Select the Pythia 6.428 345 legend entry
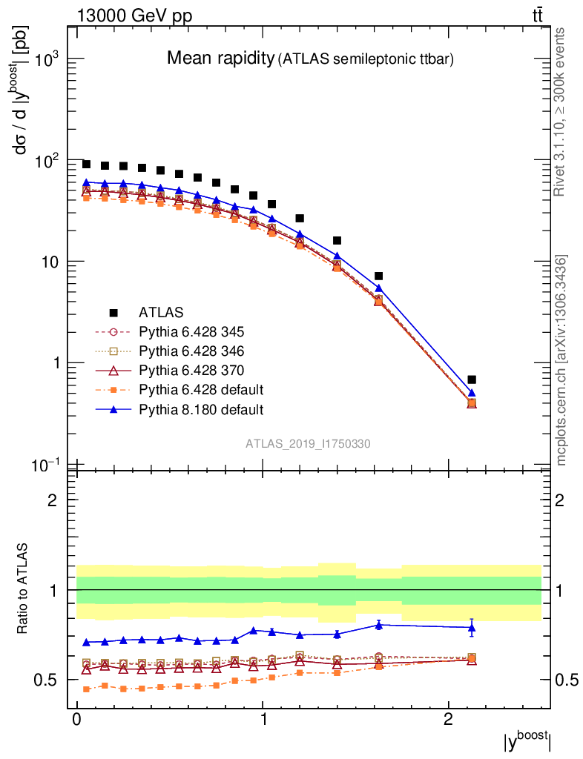click(x=192, y=331)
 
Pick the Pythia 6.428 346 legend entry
click(x=192, y=351)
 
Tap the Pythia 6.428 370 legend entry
click(x=192, y=370)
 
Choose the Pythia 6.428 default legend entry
click(x=200, y=389)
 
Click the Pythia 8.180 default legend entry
click(x=200, y=408)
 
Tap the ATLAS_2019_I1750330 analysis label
click(x=308, y=443)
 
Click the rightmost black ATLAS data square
click(x=472, y=379)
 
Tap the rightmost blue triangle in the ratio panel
click(x=472, y=628)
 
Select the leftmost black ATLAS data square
click(x=86, y=164)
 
